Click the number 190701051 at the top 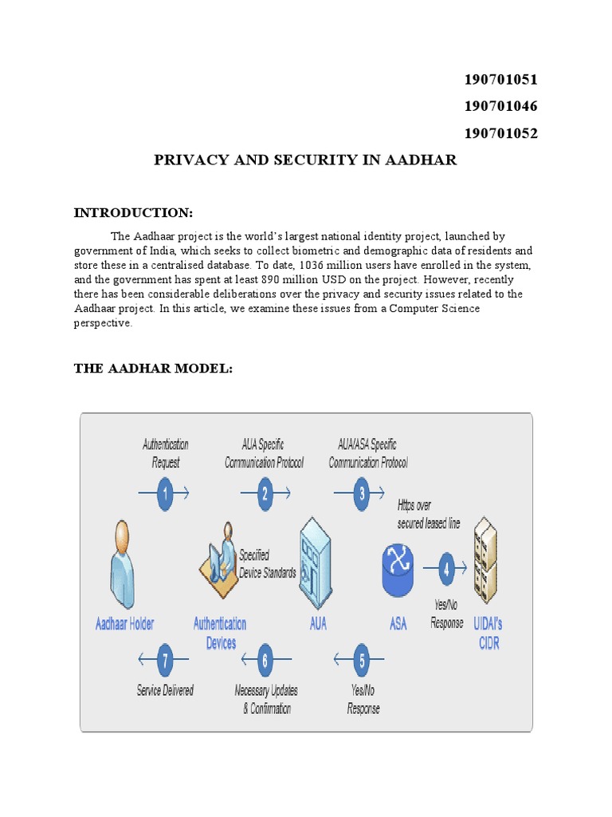click(x=500, y=80)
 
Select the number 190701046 click(x=500, y=107)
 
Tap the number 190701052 click(x=500, y=134)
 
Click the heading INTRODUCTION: click(x=133, y=212)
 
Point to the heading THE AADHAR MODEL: click(x=153, y=368)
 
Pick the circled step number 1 click(x=166, y=494)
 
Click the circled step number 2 click(x=265, y=494)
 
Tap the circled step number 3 click(x=363, y=494)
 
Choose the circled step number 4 click(x=447, y=570)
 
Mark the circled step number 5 click(x=363, y=660)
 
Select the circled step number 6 click(x=265, y=660)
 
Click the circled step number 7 click(x=166, y=660)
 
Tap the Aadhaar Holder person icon click(x=123, y=563)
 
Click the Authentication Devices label click(x=220, y=633)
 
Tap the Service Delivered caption click(x=165, y=691)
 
